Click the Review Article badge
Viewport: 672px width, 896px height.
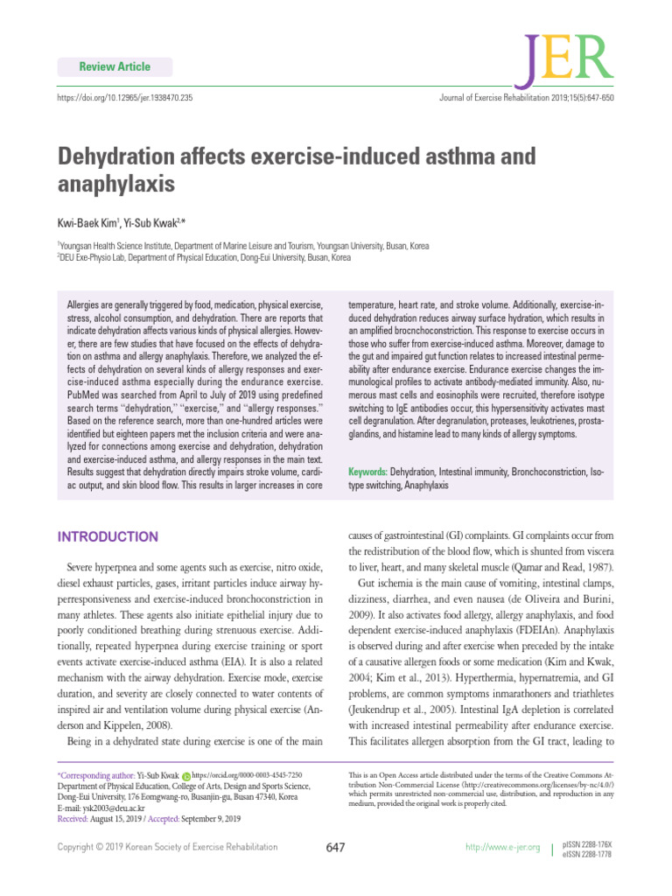(115, 66)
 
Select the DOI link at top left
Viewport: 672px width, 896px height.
(125, 97)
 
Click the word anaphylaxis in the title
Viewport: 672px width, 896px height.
(116, 185)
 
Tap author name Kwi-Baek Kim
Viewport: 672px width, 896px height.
(88, 224)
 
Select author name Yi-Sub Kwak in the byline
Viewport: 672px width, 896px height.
(151, 224)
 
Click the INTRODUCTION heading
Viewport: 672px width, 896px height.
(108, 536)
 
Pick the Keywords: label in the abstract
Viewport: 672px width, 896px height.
(367, 472)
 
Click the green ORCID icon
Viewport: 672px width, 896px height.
(185, 775)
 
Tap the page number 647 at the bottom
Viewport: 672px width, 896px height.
(336, 847)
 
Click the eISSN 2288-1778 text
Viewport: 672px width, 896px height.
(588, 854)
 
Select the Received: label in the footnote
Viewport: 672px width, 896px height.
(76, 820)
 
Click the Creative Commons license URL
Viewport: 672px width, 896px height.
(526, 785)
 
